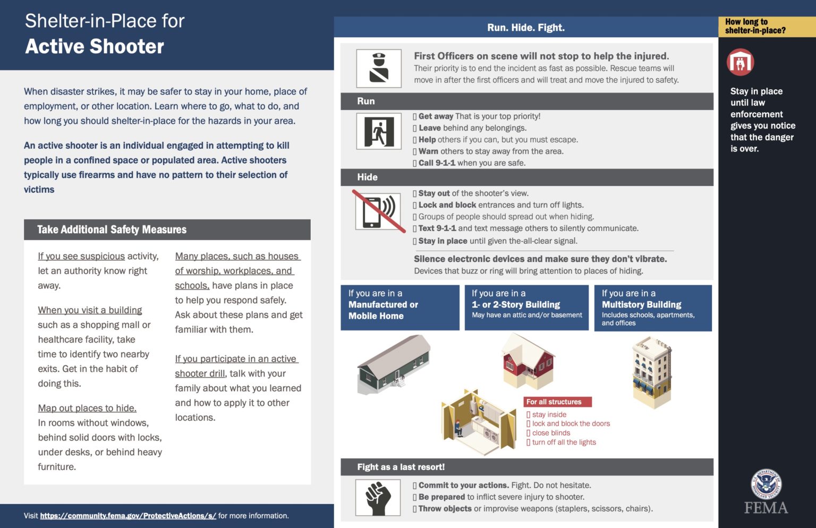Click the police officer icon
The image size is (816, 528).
click(x=379, y=69)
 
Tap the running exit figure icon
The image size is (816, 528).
click(x=379, y=132)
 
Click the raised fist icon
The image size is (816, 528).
click(x=378, y=497)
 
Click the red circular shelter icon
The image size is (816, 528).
click(x=740, y=62)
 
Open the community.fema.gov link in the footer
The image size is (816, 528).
click(x=128, y=516)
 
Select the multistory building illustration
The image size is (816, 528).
click(x=652, y=372)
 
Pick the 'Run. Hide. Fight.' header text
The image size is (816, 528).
click(x=525, y=28)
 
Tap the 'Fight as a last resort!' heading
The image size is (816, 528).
click(x=401, y=467)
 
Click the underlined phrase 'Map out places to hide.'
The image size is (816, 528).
click(x=87, y=408)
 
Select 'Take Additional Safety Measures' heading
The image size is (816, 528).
click(x=112, y=229)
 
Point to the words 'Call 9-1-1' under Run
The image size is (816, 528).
click(x=436, y=163)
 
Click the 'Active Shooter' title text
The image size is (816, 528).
click(x=95, y=47)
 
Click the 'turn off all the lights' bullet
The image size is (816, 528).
click(x=563, y=442)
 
